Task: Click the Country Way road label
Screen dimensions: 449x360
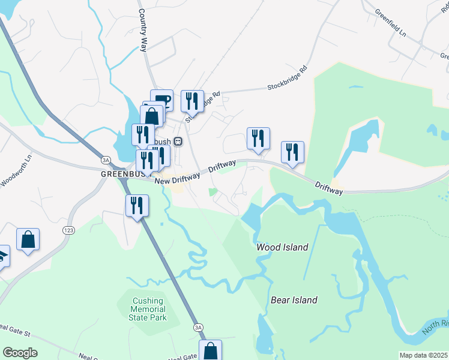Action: [x=143, y=30]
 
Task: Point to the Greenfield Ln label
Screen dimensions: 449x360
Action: [x=391, y=23]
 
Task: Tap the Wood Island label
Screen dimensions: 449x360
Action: [x=282, y=247]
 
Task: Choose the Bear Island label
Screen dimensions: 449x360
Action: [x=294, y=300]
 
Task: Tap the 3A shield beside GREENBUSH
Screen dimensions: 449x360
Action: [x=106, y=160]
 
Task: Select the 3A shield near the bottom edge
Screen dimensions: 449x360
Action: [x=198, y=327]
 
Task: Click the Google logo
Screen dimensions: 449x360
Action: [x=19, y=353]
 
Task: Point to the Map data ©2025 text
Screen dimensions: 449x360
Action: [x=423, y=355]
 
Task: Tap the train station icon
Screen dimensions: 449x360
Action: [x=178, y=141]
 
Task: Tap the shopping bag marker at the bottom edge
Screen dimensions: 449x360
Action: [x=210, y=350]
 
